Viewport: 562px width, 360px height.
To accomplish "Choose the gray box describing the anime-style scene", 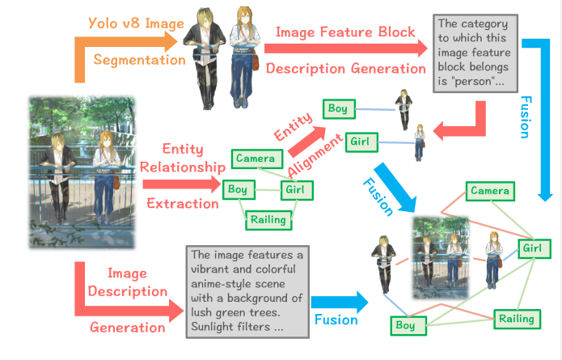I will [245, 290].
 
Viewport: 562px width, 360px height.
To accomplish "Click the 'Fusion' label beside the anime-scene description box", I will [336, 320].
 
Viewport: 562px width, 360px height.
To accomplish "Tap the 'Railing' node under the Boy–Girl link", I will [268, 219].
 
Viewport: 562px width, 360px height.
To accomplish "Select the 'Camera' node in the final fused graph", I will [489, 192].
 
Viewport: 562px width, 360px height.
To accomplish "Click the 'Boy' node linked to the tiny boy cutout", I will [338, 108].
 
